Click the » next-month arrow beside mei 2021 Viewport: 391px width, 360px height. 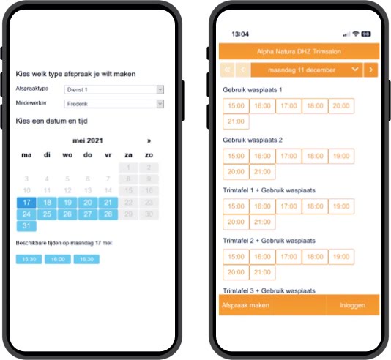[x=149, y=140]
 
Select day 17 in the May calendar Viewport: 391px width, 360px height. [x=26, y=203]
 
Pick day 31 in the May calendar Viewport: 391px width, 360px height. [x=26, y=226]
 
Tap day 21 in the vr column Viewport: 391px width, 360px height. [x=108, y=203]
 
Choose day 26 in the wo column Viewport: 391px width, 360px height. [x=67, y=214]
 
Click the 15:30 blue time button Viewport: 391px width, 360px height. [x=28, y=259]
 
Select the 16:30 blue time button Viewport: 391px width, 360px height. [x=86, y=259]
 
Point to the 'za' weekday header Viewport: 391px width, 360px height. [x=128, y=155]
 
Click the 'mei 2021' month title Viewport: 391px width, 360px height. [x=88, y=140]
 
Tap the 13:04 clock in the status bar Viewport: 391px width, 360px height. [x=240, y=34]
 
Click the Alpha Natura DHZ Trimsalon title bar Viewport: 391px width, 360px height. [x=299, y=52]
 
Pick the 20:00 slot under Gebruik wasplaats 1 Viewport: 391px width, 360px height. [x=340, y=105]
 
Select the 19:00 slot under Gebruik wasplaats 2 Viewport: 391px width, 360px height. [x=340, y=156]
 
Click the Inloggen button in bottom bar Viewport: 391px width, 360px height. [x=353, y=305]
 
